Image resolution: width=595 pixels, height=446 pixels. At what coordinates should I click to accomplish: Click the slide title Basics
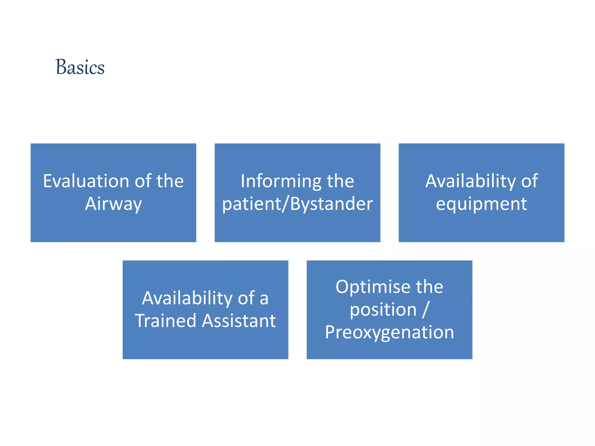[x=80, y=67]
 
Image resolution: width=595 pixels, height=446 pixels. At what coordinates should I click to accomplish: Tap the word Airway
[x=113, y=204]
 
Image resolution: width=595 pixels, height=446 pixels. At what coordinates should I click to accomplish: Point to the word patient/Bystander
[x=297, y=204]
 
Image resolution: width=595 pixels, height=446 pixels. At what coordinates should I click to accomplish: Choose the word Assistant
[x=239, y=321]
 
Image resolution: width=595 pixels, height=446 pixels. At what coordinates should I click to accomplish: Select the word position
[x=383, y=310]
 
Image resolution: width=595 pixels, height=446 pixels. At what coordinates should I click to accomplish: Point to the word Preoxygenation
[x=389, y=333]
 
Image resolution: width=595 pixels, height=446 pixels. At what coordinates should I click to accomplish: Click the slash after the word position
[x=426, y=310]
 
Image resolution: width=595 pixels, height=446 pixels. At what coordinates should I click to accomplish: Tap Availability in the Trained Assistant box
[x=187, y=299]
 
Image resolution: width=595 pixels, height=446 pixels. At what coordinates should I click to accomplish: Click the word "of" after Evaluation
[x=143, y=181]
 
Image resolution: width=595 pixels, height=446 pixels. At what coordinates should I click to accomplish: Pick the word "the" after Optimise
[x=429, y=287]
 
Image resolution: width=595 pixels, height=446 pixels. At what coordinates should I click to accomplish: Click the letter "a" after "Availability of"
[x=264, y=299]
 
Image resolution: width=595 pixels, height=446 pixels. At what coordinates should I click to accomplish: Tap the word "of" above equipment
[x=529, y=181]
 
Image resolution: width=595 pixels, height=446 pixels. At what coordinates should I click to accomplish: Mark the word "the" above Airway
[x=170, y=181]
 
